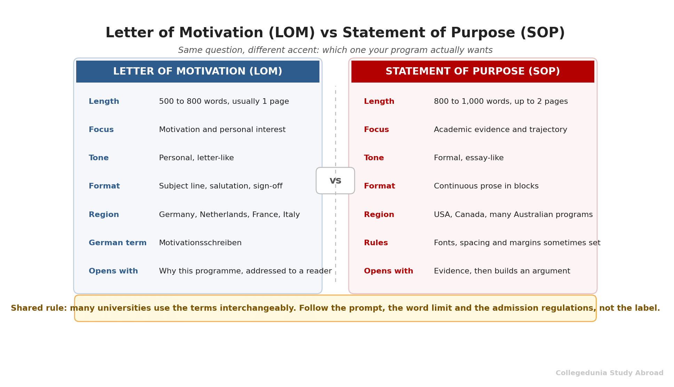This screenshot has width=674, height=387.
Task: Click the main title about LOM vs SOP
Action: (335, 33)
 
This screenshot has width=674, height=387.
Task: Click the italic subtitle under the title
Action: (335, 51)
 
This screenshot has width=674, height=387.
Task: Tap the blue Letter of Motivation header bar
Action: (198, 71)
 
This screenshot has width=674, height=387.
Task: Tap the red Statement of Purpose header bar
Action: (473, 71)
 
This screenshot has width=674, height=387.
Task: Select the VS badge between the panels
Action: (335, 180)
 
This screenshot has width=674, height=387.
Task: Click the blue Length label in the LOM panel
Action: (104, 101)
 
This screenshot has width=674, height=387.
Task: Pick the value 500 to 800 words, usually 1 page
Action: (224, 101)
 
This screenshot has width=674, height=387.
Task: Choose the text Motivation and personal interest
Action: (222, 130)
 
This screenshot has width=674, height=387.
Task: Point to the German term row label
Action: (118, 243)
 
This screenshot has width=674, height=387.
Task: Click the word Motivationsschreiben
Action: (200, 243)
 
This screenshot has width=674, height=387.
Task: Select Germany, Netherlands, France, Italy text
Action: (229, 215)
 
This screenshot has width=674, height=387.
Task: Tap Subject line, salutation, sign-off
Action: (221, 186)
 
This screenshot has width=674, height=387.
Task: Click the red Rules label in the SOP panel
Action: (376, 243)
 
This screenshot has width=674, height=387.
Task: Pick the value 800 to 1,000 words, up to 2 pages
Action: (501, 101)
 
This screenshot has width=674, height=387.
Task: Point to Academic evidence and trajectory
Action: (500, 130)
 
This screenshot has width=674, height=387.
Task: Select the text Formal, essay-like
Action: (469, 158)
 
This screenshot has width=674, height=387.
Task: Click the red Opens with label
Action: (388, 271)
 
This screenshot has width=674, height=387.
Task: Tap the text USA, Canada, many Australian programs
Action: (513, 215)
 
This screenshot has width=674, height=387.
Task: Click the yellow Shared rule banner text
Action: (335, 308)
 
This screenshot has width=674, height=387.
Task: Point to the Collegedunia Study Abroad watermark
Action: (609, 373)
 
